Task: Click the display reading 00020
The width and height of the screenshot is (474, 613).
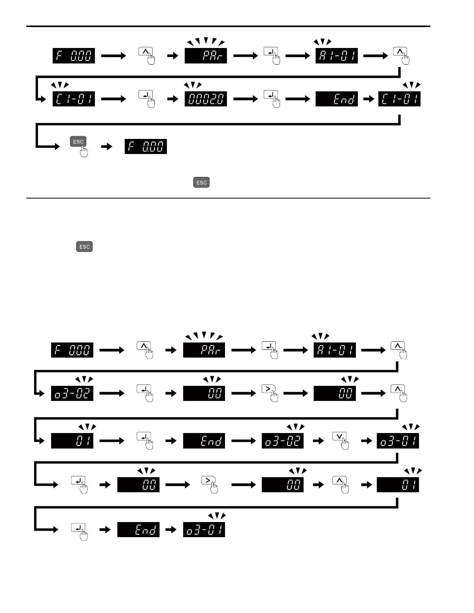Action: pyautogui.click(x=206, y=99)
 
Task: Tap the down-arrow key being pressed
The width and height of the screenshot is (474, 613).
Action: pyautogui.click(x=339, y=437)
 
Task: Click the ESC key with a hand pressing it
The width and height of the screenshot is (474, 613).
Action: pyautogui.click(x=78, y=142)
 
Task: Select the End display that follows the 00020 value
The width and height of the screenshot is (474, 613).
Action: pyautogui.click(x=337, y=99)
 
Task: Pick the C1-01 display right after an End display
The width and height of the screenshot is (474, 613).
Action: pyautogui.click(x=399, y=99)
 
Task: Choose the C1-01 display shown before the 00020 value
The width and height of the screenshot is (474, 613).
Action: pyautogui.click(x=74, y=99)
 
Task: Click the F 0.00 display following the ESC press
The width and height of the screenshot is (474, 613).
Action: pyautogui.click(x=146, y=146)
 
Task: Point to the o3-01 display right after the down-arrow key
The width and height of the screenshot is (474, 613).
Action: pyautogui.click(x=398, y=441)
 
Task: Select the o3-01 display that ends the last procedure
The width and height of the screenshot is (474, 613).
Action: pyautogui.click(x=204, y=529)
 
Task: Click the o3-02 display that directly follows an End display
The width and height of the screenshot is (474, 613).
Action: pyautogui.click(x=283, y=441)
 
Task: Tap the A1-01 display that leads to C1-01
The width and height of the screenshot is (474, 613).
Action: pyautogui.click(x=337, y=55)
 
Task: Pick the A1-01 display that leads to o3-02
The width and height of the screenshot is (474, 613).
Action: pyautogui.click(x=335, y=350)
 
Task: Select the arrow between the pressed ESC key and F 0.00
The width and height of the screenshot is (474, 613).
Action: pyautogui.click(x=106, y=147)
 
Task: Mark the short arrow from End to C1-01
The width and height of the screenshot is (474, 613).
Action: pyautogui.click(x=368, y=99)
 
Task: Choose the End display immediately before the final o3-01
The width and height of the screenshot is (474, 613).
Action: pyautogui.click(x=138, y=529)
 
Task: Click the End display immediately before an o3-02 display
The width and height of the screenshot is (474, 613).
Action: pyautogui.click(x=204, y=441)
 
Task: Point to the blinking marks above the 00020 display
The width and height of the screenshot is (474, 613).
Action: pyautogui.click(x=193, y=85)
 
